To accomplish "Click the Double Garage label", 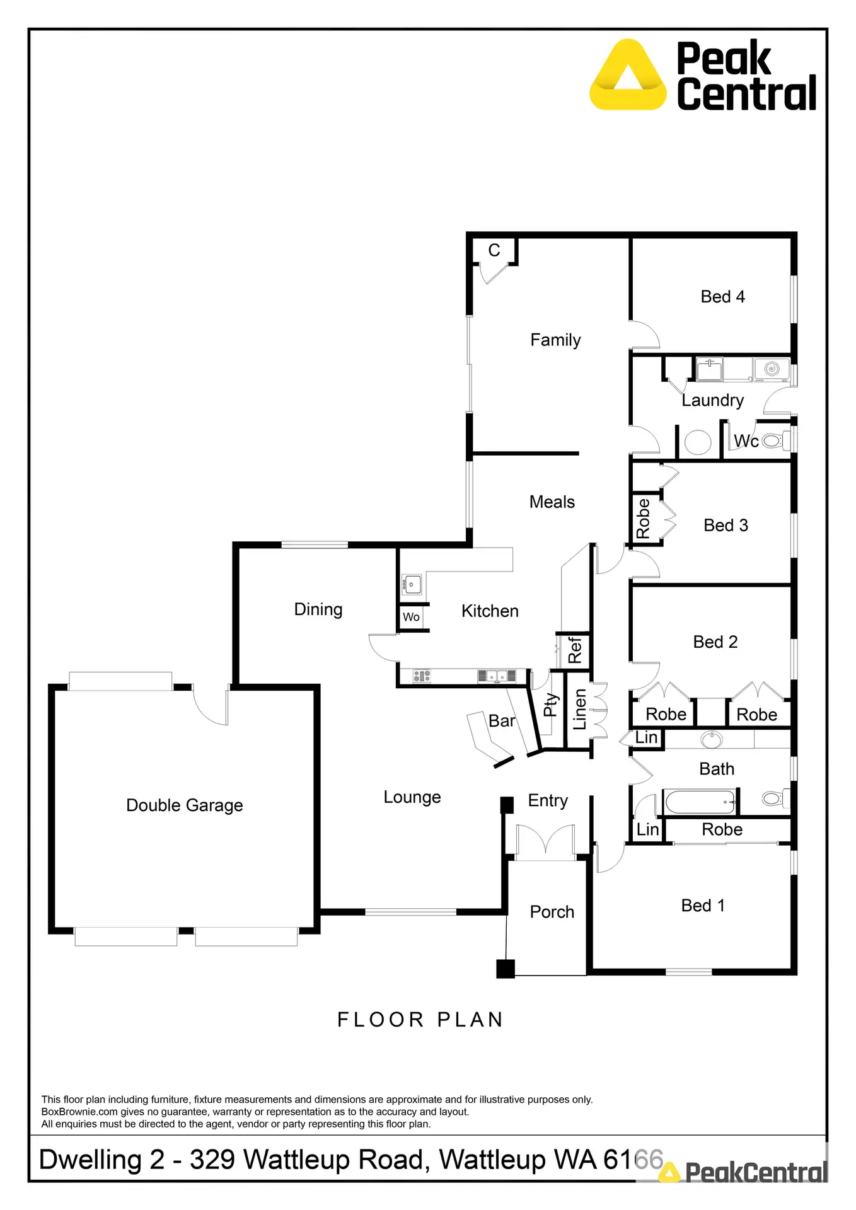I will [x=184, y=805].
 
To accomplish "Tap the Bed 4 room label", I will [x=722, y=297].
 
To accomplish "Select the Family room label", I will [x=555, y=340].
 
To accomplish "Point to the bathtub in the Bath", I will [x=700, y=802].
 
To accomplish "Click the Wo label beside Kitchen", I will [x=411, y=617].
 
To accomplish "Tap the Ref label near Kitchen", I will [x=575, y=650].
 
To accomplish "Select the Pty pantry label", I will [x=550, y=705].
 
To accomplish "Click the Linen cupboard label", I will [x=579, y=710].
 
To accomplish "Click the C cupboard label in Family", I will [x=494, y=251].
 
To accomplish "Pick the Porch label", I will [x=552, y=912].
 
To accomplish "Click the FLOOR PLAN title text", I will [x=420, y=1020].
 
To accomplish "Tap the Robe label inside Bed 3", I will [x=643, y=519].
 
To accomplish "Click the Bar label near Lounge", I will [x=502, y=721].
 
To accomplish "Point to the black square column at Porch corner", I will [x=506, y=969].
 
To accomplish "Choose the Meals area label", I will [x=552, y=502].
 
